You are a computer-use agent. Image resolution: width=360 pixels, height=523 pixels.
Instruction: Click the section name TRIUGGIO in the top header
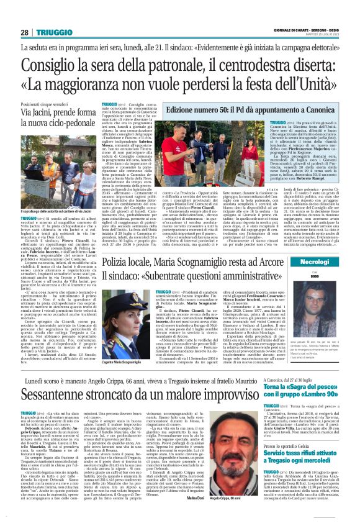tap(52, 32)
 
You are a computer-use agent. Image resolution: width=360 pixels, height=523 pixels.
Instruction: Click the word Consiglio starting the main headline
tap(47, 65)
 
